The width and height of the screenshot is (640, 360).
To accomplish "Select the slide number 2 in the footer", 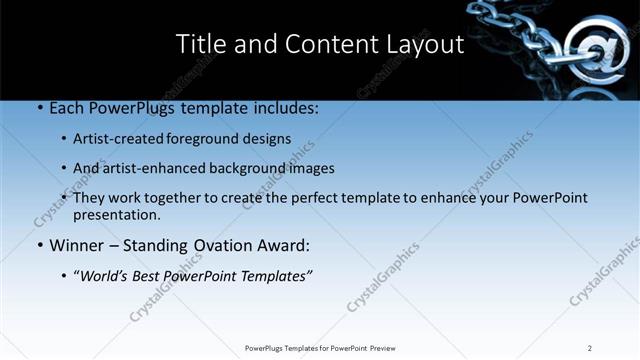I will click(x=589, y=348).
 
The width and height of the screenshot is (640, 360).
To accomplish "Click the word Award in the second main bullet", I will click(x=286, y=245).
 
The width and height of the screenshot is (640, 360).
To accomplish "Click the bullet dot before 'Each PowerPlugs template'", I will click(x=38, y=106).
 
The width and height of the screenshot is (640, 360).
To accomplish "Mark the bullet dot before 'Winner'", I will click(x=38, y=245).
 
